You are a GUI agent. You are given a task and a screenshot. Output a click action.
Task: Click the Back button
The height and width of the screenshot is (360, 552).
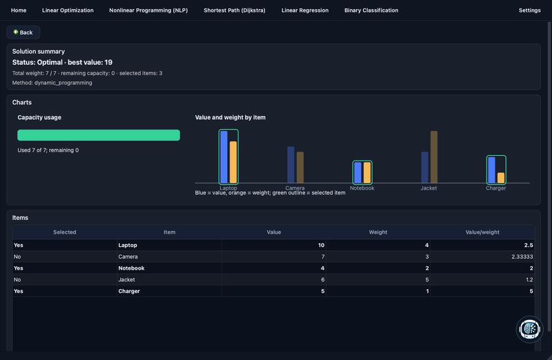(x=23, y=32)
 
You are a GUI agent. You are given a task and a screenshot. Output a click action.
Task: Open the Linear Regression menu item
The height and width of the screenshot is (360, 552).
(x=305, y=10)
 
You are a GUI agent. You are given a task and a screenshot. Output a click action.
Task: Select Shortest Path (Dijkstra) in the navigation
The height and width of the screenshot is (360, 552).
(x=235, y=10)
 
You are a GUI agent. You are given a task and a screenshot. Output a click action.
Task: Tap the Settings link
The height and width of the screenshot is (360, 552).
(x=529, y=10)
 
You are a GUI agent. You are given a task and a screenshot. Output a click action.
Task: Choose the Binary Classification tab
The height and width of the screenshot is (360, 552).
(x=371, y=10)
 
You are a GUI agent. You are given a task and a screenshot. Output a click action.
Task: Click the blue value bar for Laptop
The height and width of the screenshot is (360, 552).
(x=224, y=157)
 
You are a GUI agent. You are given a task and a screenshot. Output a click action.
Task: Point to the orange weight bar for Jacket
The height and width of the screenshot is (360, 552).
(x=434, y=157)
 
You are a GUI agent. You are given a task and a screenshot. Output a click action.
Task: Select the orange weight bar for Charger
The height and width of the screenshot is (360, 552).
(x=501, y=178)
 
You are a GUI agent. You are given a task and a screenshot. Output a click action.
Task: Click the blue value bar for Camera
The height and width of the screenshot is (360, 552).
(x=290, y=165)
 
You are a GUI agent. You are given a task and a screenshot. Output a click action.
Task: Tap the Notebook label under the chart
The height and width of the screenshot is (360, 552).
(x=362, y=188)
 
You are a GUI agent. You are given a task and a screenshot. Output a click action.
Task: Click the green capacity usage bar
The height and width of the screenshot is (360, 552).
(x=99, y=135)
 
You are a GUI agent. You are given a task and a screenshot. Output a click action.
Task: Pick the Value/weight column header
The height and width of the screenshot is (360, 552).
(x=482, y=232)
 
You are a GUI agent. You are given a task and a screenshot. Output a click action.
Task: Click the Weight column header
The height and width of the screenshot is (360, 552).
(x=378, y=232)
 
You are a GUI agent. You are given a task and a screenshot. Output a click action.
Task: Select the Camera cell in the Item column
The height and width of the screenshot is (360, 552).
(x=128, y=257)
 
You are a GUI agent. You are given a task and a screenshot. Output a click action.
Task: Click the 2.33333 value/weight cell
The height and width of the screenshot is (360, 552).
(x=522, y=257)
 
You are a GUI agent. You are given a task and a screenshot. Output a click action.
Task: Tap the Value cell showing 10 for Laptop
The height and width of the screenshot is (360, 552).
(x=321, y=246)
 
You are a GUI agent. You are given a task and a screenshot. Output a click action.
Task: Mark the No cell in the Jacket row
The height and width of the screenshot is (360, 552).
(x=17, y=280)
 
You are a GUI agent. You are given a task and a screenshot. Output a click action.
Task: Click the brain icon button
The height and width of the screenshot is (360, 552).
(x=529, y=330)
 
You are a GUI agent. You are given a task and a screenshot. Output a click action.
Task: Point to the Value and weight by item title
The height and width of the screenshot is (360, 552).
(x=230, y=117)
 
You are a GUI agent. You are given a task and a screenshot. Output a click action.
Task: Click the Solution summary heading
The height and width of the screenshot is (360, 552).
(x=39, y=51)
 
